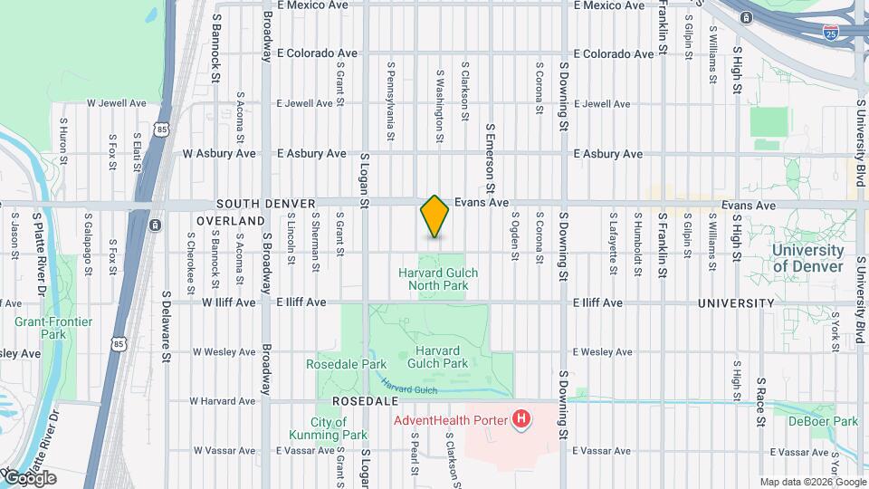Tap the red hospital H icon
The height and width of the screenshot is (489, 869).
(x=521, y=419)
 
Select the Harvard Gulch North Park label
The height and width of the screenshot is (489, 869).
(x=438, y=278)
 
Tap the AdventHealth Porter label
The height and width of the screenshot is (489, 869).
(x=450, y=419)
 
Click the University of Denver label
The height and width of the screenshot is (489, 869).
(x=808, y=258)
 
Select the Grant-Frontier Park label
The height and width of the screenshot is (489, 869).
(x=41, y=328)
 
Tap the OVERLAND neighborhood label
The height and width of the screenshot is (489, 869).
(x=231, y=220)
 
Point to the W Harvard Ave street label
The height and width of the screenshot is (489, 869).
(x=223, y=400)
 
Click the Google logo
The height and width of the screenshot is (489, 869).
(x=29, y=478)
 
